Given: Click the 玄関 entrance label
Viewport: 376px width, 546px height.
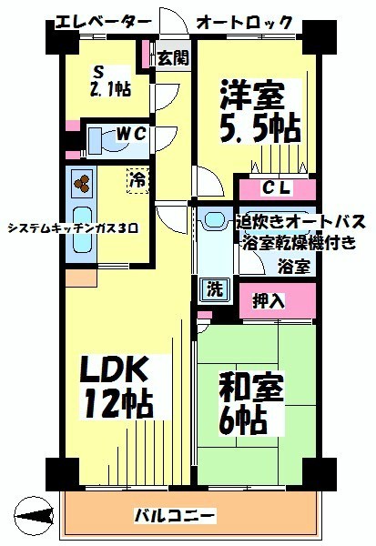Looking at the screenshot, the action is [173, 57].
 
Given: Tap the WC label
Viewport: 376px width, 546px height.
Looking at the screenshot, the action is [131, 134].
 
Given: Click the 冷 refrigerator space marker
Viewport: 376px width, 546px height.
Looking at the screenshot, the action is [137, 181].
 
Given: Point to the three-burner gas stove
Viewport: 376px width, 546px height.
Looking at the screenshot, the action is [82, 184].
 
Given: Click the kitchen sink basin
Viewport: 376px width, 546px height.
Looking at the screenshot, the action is [82, 230].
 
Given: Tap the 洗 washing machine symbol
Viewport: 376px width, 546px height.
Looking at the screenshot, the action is [216, 289].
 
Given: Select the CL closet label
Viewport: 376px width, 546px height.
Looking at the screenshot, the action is [277, 188].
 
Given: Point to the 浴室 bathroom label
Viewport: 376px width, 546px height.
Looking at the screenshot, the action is [294, 267].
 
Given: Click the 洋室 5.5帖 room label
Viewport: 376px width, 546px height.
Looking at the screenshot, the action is [260, 111].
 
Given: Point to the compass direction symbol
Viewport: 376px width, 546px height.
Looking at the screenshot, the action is [34, 516].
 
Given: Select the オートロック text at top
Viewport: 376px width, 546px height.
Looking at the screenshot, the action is [244, 23].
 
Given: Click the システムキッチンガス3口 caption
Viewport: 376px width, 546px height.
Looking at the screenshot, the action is [73, 228].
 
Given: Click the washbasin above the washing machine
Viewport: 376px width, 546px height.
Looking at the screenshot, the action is [216, 220].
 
